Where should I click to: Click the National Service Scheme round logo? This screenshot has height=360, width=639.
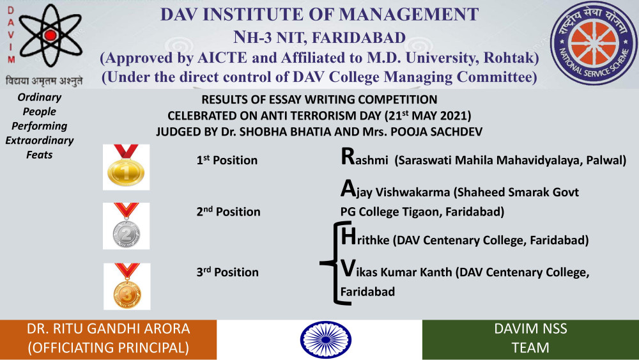coord(594,43)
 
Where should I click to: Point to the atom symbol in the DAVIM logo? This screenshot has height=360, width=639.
coord(50,35)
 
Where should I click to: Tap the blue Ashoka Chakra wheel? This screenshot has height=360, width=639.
coord(326,340)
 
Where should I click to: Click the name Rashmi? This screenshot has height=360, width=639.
coord(364,157)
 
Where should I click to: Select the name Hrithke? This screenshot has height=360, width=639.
coord(365,237)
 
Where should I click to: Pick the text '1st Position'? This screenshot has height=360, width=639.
coord(227,160)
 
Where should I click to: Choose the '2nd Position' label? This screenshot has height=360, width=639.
coord(228,211)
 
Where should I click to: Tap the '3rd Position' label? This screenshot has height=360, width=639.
coord(227,272)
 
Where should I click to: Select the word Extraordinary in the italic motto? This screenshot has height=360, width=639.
coord(40,141)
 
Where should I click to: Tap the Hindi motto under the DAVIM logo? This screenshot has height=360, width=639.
coord(44,81)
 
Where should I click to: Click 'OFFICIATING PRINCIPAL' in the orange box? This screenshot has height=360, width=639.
coord(109,348)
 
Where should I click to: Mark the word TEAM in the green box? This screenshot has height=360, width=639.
coord(530,348)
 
